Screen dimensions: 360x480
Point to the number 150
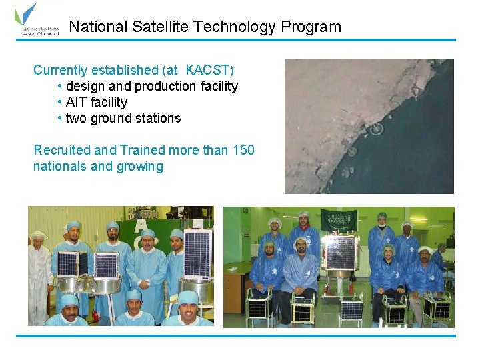243,150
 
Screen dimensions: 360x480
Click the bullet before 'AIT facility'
61,102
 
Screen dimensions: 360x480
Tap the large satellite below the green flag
339,253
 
